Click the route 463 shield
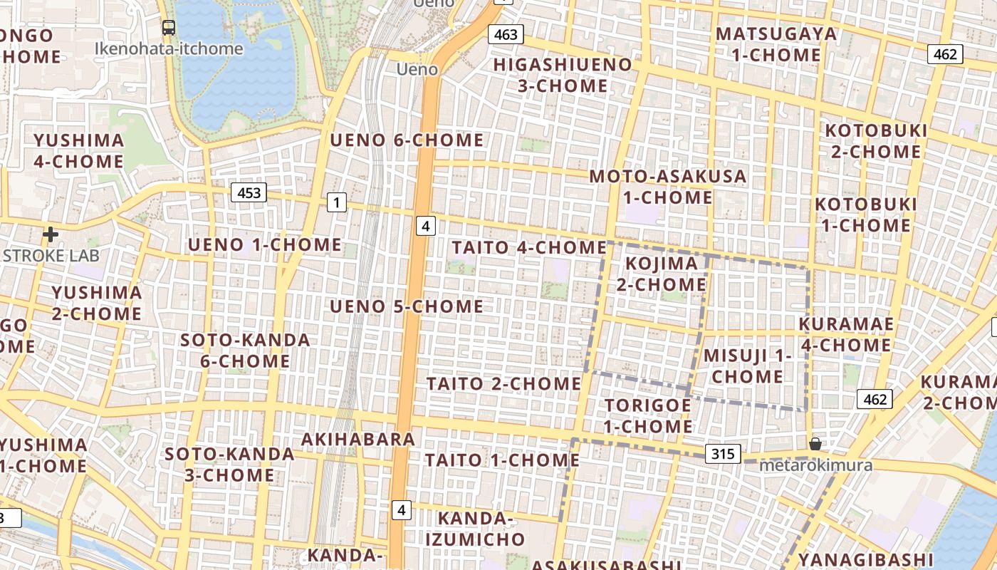[x=506, y=34]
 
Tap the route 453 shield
[x=249, y=192]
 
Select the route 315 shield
[x=723, y=454]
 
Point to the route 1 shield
[x=336, y=203]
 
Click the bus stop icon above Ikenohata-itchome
[x=169, y=28]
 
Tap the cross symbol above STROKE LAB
[x=51, y=234]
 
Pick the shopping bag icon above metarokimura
[x=815, y=444]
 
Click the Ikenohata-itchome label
[x=169, y=49]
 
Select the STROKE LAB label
[x=51, y=255]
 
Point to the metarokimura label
[x=815, y=465]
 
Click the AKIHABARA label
[x=357, y=439]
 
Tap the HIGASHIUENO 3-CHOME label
[x=563, y=75]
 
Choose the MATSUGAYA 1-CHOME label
[x=777, y=44]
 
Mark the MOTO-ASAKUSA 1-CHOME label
[x=668, y=187]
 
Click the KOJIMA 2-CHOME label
[x=662, y=274]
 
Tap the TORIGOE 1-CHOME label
[x=648, y=415]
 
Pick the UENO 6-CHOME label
[x=407, y=140]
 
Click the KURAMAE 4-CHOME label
[x=846, y=334]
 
